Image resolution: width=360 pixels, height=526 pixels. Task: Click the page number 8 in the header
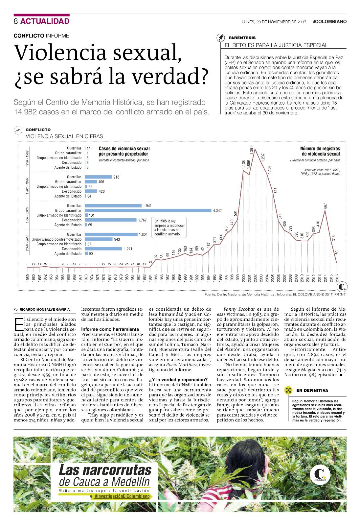click(16, 21)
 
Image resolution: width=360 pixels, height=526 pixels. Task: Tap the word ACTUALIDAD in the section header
click(45, 21)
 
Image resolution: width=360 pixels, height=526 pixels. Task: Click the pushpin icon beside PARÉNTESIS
click(220, 37)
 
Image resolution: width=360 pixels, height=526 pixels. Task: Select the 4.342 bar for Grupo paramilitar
click(148, 210)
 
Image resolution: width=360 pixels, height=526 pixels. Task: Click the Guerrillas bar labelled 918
click(98, 177)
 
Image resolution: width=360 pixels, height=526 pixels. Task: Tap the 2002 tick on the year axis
click(255, 278)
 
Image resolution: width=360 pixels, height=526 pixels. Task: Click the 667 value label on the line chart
click(325, 206)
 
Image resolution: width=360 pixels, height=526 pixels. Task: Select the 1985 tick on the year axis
click(156, 278)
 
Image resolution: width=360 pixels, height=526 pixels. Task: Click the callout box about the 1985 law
click(169, 227)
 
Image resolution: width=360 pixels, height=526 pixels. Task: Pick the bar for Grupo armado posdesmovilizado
click(99, 239)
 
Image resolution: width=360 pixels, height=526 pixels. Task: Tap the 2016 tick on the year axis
click(337, 278)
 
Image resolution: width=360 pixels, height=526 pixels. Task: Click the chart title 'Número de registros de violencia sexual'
click(320, 151)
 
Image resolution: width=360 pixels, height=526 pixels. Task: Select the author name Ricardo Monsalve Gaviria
click(45, 309)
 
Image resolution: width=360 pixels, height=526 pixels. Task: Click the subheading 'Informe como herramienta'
click(110, 329)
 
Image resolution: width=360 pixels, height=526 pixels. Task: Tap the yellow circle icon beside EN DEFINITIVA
click(288, 390)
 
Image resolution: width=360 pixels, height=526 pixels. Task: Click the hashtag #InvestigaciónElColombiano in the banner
click(122, 496)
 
